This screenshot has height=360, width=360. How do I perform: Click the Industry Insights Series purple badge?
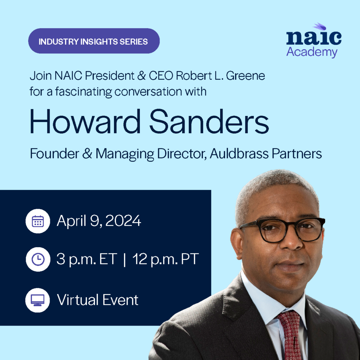[x=94, y=41]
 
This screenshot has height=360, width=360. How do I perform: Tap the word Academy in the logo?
[x=311, y=52]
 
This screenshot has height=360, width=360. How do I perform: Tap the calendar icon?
[x=38, y=221]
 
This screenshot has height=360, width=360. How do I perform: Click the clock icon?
[x=38, y=259]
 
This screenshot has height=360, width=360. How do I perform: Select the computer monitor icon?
[x=38, y=300]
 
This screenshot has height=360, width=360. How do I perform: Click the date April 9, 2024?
[x=99, y=221]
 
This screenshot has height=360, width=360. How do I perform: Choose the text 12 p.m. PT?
[x=166, y=260]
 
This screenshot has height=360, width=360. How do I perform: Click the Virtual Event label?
[x=98, y=300]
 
